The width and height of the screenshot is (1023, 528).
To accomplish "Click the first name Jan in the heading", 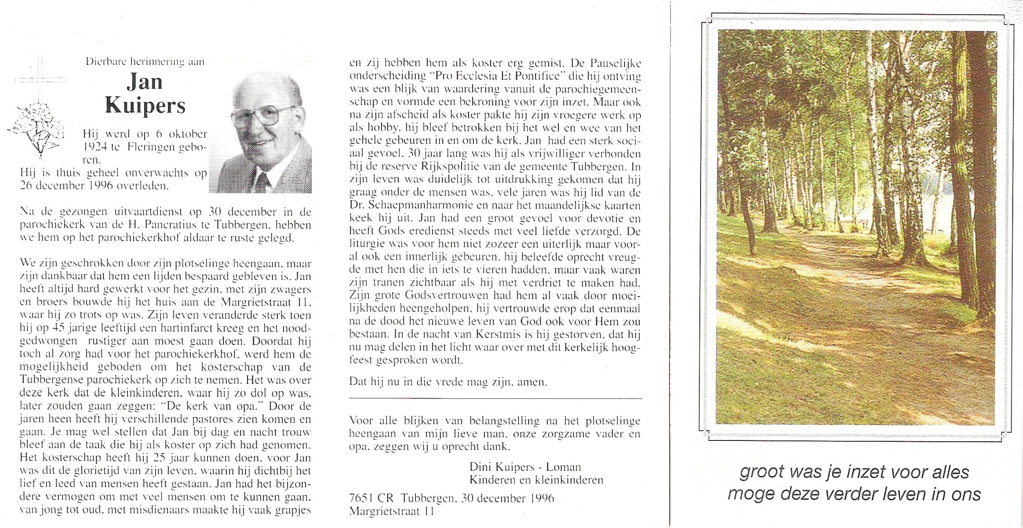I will coord(145,82).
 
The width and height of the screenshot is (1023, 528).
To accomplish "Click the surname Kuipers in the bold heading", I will coord(145,106).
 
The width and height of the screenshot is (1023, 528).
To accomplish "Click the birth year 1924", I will coord(96,148).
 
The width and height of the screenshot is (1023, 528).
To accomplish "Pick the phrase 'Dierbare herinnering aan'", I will coord(145,62).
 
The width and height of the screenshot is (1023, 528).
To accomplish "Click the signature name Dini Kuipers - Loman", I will coord(525,467).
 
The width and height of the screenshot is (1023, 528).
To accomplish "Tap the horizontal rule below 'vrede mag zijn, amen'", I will coord(495,399).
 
